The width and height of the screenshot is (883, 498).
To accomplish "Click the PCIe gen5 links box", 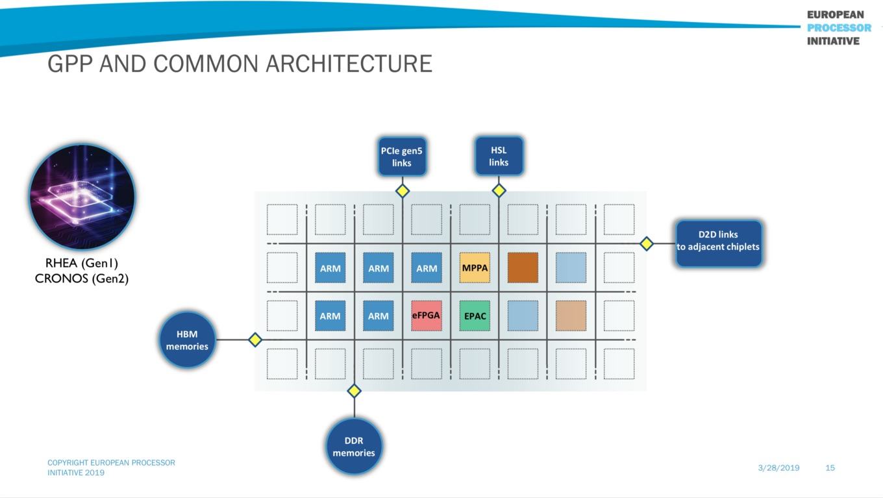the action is pyautogui.click(x=402, y=156).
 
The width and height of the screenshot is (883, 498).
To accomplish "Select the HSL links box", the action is pyautogui.click(x=499, y=156).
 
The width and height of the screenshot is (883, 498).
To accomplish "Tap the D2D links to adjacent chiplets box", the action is pyautogui.click(x=719, y=243).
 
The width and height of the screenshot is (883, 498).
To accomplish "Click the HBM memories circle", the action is pyautogui.click(x=187, y=340).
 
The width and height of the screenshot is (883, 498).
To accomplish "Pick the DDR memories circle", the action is pyautogui.click(x=354, y=446).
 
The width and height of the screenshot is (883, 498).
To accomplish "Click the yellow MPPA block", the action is pyautogui.click(x=475, y=268).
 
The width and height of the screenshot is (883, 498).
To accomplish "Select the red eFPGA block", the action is pyautogui.click(x=426, y=316).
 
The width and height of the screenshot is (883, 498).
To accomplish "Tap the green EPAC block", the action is pyautogui.click(x=475, y=316).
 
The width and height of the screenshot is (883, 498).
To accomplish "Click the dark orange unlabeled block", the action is pyautogui.click(x=523, y=268).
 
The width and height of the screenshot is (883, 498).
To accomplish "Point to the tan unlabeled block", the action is pyautogui.click(x=571, y=316).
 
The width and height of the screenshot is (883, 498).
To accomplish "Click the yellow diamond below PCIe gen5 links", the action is pyautogui.click(x=403, y=191).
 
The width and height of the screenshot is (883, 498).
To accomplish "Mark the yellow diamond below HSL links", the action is pyautogui.click(x=499, y=191).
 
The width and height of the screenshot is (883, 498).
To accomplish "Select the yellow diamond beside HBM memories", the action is pyautogui.click(x=255, y=340).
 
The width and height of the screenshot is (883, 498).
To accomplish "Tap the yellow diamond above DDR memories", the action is pyautogui.click(x=354, y=391).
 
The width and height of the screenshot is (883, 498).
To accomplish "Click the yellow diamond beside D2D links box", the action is pyautogui.click(x=647, y=243).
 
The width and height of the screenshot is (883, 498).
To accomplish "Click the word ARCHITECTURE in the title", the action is pyautogui.click(x=349, y=64).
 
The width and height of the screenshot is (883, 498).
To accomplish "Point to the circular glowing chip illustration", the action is pyautogui.click(x=82, y=197).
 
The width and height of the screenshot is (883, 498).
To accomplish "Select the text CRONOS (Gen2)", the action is pyautogui.click(x=82, y=279).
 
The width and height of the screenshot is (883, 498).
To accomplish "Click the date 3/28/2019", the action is pyautogui.click(x=778, y=468).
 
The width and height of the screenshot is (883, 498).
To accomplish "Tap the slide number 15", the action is pyautogui.click(x=830, y=468).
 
